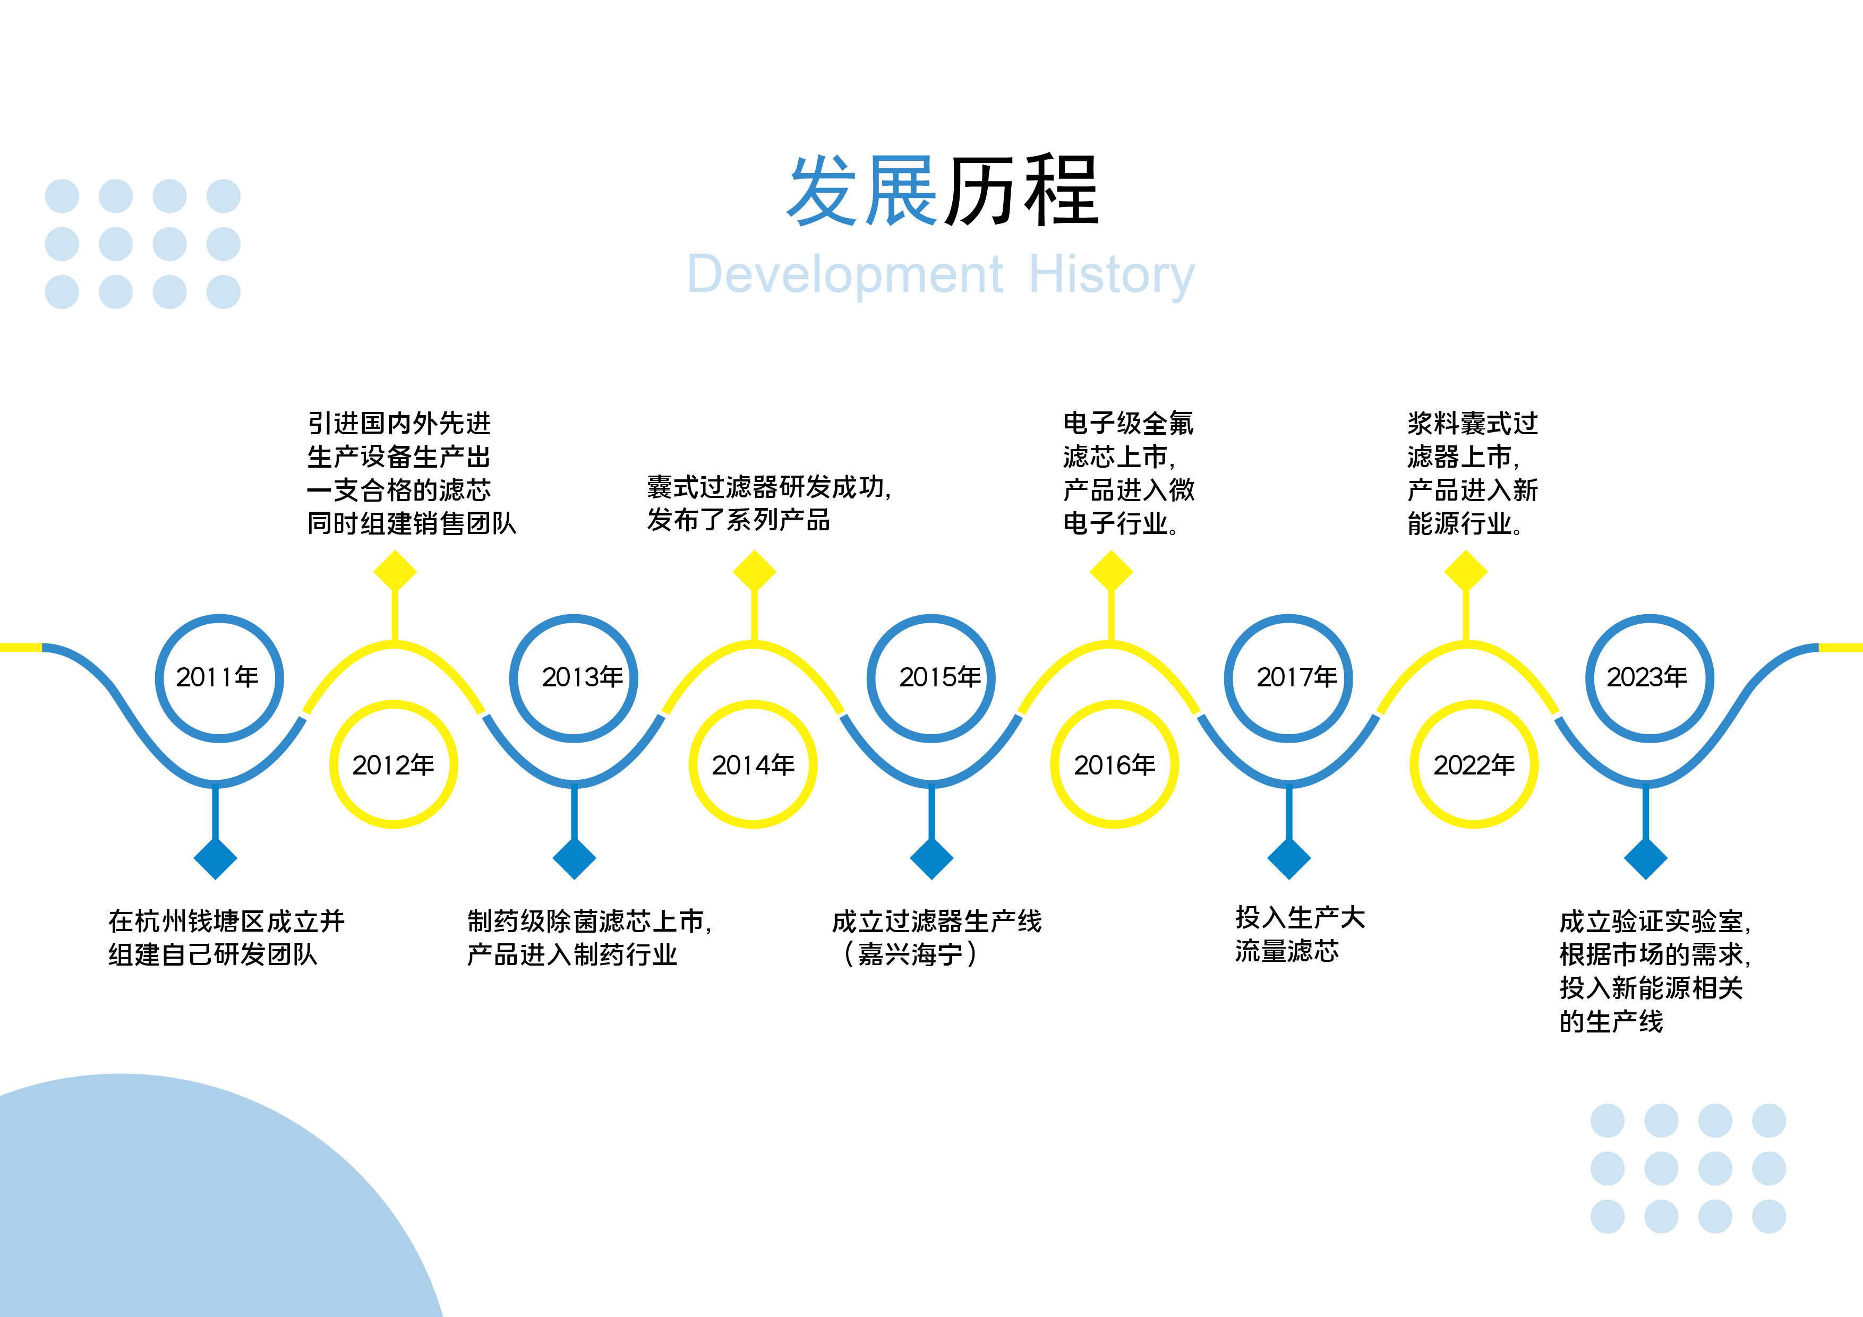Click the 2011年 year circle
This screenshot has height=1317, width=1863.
(219, 678)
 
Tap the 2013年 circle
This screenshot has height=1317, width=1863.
(574, 678)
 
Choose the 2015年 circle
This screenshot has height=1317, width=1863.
(931, 678)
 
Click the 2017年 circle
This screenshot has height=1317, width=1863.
(1288, 678)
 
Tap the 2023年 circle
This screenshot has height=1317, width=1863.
(1650, 678)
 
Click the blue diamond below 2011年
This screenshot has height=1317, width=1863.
(215, 858)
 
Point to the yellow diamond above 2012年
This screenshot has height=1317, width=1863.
(395, 572)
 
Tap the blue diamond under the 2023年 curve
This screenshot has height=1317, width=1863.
(1646, 858)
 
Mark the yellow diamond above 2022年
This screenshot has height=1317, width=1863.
(1466, 572)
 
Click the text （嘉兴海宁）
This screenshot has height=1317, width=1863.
(910, 954)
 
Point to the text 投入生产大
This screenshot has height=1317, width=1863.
(1300, 917)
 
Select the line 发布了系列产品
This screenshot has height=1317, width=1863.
(738, 520)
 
